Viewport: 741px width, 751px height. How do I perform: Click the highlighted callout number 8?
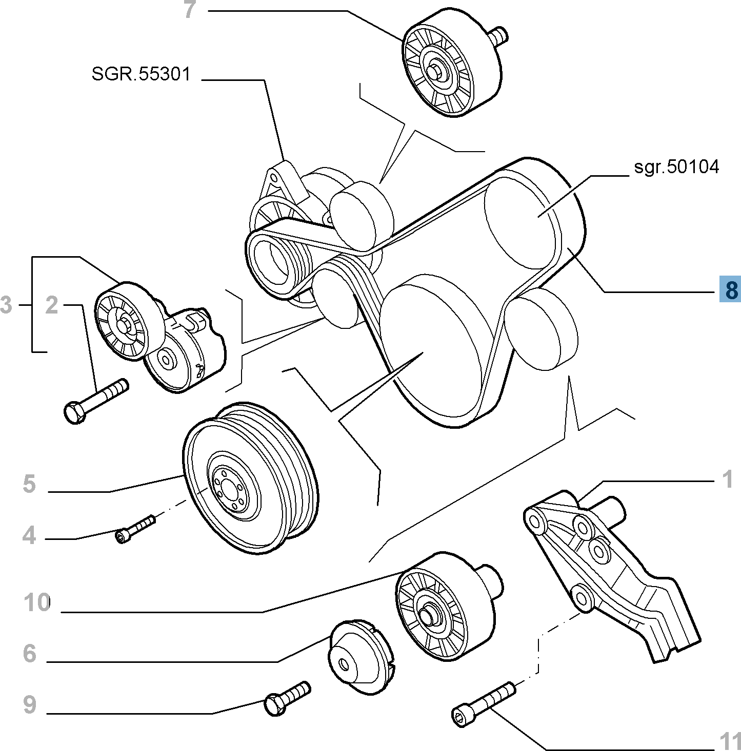pos(730,289)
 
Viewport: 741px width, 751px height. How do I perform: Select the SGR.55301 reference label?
pos(141,74)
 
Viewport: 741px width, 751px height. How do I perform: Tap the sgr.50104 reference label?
pos(676,167)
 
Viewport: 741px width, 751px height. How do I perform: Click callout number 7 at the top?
pos(190,10)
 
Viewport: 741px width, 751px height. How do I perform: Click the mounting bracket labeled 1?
pos(610,569)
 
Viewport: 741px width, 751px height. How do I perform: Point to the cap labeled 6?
pos(359,658)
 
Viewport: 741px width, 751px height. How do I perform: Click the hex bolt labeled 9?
pos(287,698)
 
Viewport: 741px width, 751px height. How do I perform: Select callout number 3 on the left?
pos(6,305)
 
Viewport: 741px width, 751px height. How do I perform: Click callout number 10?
pos(37,602)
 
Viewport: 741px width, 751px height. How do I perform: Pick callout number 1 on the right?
pos(728,480)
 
